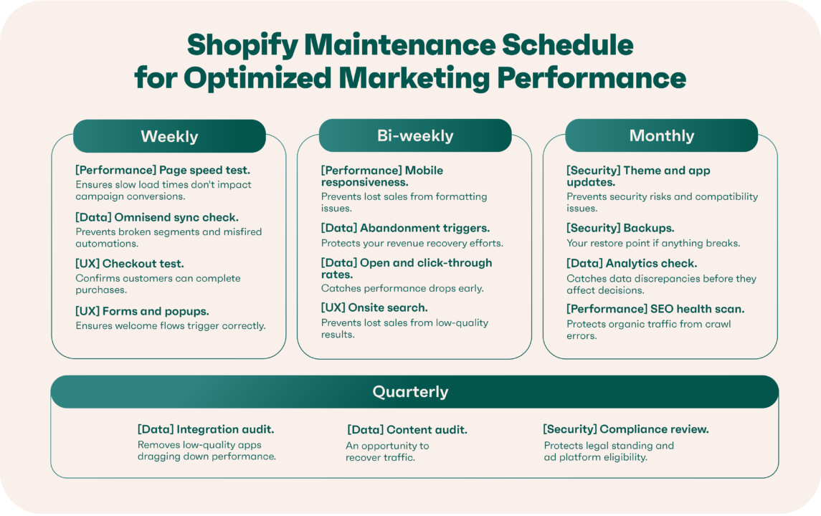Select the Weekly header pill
point(169,136)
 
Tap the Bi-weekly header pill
point(415,135)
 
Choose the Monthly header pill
point(661,135)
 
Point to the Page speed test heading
point(163,171)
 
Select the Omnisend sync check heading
point(157,216)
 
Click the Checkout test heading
point(130,264)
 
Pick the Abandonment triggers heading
point(405,228)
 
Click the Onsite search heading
point(374,307)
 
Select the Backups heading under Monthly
point(620,228)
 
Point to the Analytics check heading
point(632,263)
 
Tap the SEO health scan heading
point(655,309)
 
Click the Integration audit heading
point(206,429)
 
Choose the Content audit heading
point(407,430)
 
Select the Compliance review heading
point(626,429)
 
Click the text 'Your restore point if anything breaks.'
point(653,243)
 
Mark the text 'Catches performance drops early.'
point(402,288)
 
